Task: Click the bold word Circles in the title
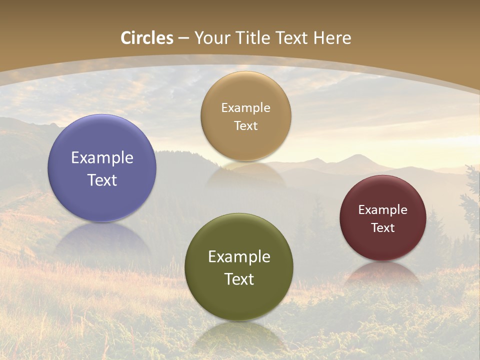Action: [x=147, y=38]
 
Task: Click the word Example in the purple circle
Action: [x=102, y=158]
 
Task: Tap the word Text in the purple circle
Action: [x=102, y=180]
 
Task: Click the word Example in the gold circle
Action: [x=245, y=108]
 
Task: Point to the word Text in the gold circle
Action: [x=245, y=125]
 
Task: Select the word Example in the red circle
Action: [x=383, y=210]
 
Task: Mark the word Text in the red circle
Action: [x=383, y=227]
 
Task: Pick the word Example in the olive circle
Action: [x=239, y=257]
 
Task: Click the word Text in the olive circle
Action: [x=239, y=279]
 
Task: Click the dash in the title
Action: [x=183, y=38]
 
